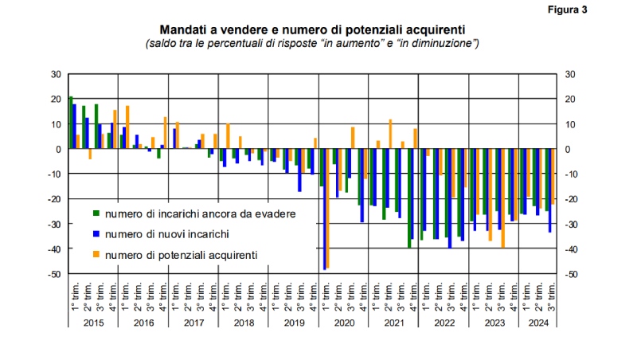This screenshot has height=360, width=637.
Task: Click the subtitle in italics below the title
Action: coord(312,43)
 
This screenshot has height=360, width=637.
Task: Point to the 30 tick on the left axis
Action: coord(56,74)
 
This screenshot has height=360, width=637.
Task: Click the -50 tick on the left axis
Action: coord(54,275)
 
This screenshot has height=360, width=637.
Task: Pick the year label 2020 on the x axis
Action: coord(344,323)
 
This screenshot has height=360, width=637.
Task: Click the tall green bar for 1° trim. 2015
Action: coord(71,123)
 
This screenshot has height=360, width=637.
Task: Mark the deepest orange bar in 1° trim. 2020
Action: coord(327,209)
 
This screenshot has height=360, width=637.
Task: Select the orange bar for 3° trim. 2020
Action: coord(353,138)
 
